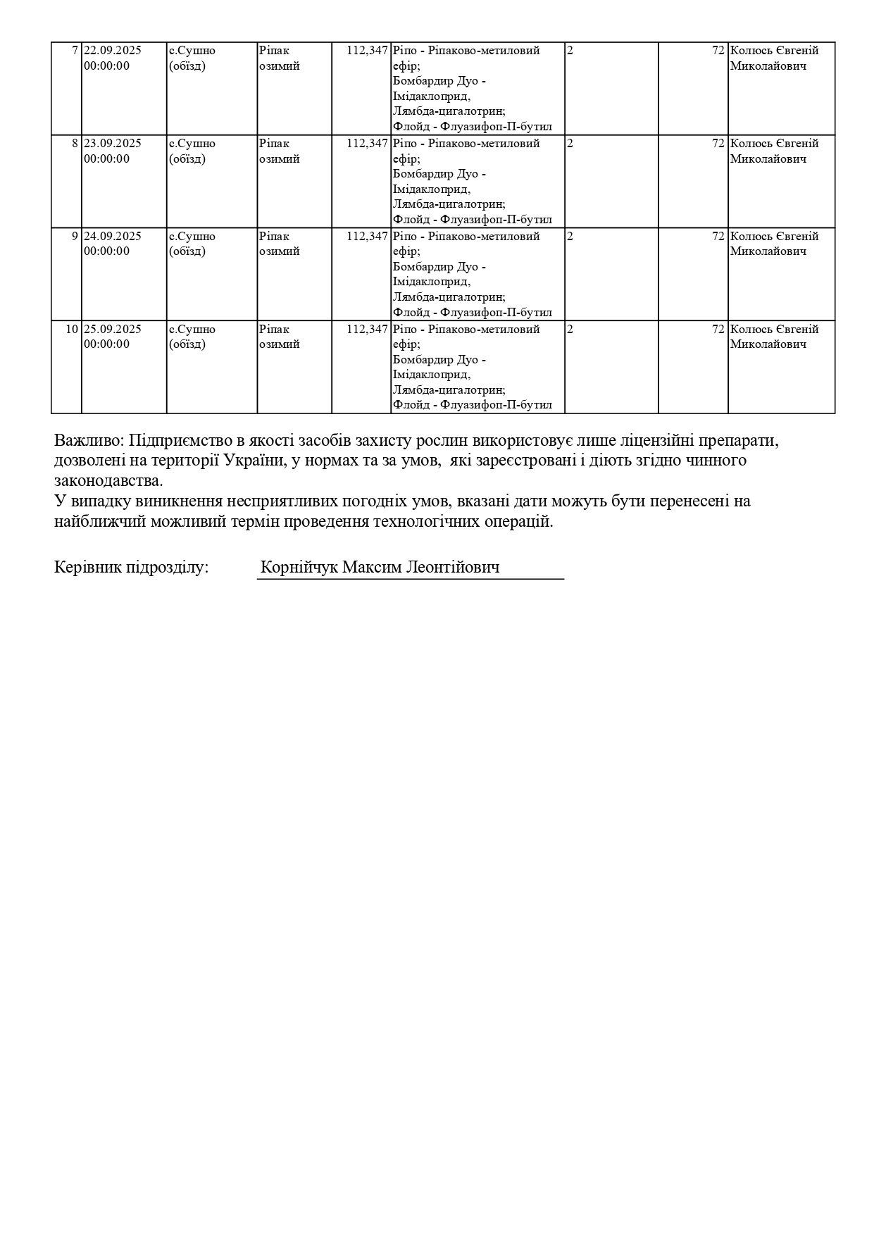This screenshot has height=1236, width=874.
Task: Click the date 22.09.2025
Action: click(x=113, y=51)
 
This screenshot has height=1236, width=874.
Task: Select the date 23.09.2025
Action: click(x=113, y=144)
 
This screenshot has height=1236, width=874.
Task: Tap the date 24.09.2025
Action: click(x=113, y=237)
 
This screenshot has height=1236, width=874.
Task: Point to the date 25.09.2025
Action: click(x=113, y=330)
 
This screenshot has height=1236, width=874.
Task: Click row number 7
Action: click(x=75, y=51)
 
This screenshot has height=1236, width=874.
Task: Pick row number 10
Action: click(x=73, y=330)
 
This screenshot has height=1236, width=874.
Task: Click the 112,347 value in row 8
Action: click(x=367, y=144)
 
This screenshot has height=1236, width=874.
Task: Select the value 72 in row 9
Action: click(x=718, y=237)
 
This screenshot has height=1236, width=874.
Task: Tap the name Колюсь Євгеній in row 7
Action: click(x=774, y=51)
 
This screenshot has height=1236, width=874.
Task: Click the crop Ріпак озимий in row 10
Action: click(x=279, y=337)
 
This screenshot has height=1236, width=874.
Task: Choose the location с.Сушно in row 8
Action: click(x=192, y=144)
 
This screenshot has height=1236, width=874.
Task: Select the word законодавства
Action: click(x=108, y=482)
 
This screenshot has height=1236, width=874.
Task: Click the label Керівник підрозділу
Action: click(x=131, y=568)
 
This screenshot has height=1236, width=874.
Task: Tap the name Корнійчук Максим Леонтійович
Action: click(x=380, y=568)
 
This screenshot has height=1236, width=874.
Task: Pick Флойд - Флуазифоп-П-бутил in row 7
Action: click(x=473, y=127)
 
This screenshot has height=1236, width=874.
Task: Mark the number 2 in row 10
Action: click(x=570, y=330)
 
